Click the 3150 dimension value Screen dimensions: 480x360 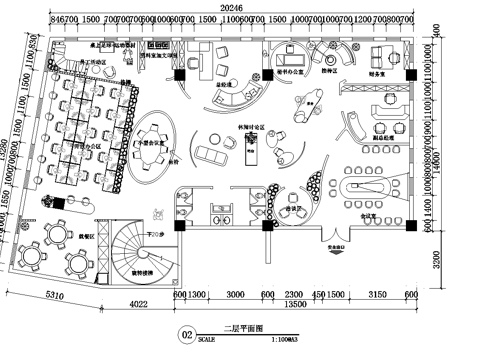click(x=378, y=295)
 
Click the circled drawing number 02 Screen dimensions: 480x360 click(x=185, y=335)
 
